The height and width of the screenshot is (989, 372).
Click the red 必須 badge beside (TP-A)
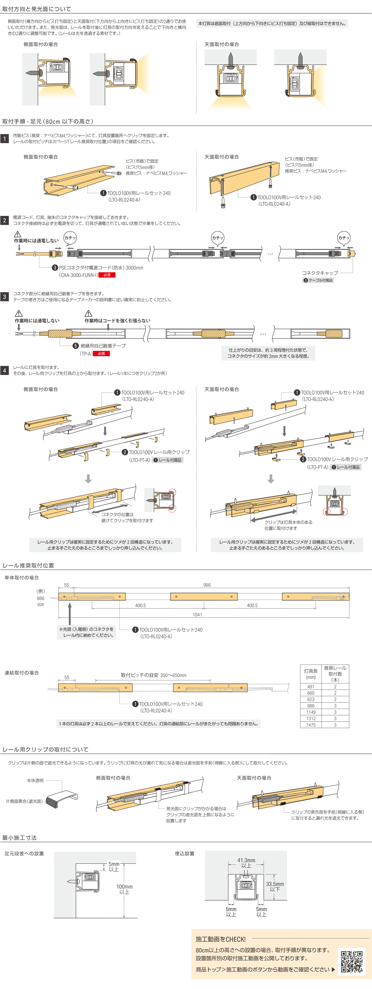[101, 354]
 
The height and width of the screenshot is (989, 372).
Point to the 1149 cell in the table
[311, 730]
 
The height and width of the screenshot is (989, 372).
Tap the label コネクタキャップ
[320, 273]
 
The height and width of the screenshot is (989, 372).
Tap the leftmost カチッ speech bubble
[70, 238]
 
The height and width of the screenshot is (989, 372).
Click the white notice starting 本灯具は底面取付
[272, 23]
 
